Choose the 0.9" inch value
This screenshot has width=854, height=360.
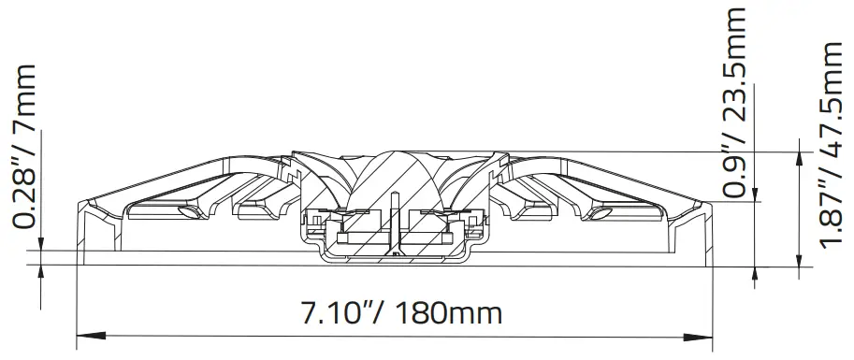point(739,167)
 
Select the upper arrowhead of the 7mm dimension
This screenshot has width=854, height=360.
point(40,244)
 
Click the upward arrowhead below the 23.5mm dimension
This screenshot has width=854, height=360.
point(756,272)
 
